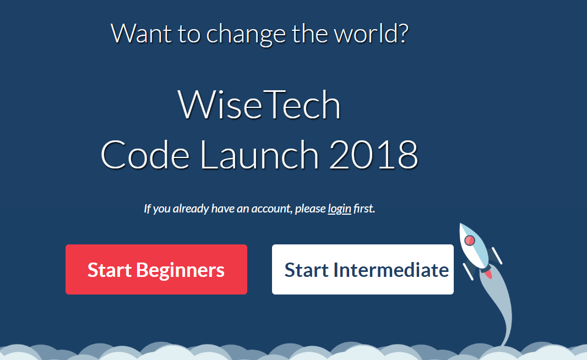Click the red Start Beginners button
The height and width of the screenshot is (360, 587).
156,270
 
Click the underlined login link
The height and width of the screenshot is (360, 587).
339,209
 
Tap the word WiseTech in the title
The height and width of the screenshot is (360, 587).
259,106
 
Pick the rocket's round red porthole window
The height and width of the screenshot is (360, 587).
470,241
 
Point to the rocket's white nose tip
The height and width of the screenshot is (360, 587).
462,226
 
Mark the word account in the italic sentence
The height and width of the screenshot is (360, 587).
269,209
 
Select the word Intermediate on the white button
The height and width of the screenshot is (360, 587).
392,270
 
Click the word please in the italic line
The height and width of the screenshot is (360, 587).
310,209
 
